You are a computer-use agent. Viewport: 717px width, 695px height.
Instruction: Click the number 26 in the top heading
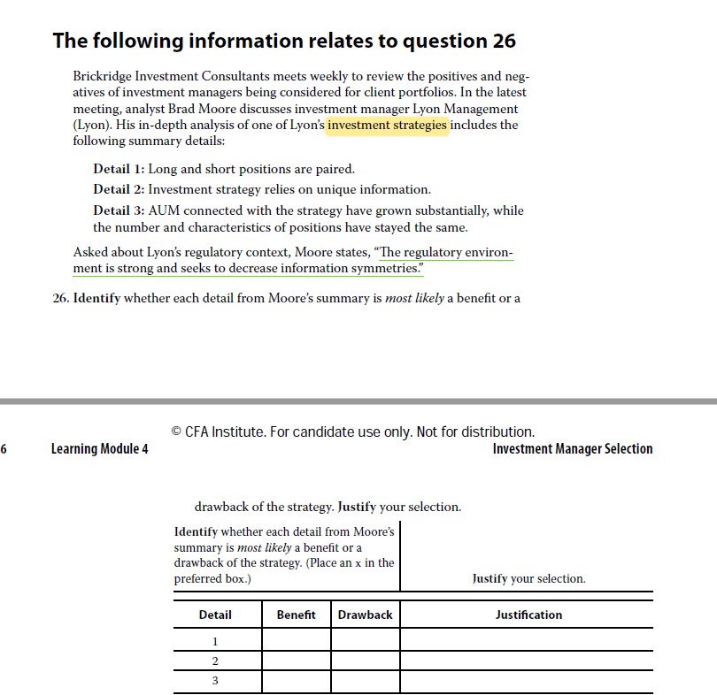tap(502, 41)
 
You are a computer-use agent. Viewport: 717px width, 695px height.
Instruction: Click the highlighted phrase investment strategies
tap(388, 125)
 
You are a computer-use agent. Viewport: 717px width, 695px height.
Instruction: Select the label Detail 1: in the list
tap(119, 169)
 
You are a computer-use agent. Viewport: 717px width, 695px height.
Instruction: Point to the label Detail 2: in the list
tap(119, 189)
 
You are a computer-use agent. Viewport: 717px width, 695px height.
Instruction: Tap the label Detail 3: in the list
tap(119, 210)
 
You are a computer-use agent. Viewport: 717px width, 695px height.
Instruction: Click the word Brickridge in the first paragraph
tap(104, 76)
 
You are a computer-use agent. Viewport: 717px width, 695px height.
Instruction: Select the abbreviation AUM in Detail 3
tap(165, 210)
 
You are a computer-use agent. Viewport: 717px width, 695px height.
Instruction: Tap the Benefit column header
tap(296, 615)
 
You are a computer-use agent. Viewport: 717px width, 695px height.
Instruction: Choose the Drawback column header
tap(365, 615)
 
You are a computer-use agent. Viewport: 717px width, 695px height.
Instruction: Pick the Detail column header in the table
tap(215, 615)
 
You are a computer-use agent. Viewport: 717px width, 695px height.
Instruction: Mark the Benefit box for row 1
tap(297, 640)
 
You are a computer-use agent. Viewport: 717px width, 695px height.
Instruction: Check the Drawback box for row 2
tap(366, 661)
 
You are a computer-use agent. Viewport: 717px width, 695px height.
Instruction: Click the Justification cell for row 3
tap(527, 682)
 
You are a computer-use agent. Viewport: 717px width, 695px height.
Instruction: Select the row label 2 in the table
tap(215, 661)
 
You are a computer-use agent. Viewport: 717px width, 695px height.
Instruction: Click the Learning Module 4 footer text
tap(99, 449)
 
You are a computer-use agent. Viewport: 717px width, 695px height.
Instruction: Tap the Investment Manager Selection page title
tap(572, 449)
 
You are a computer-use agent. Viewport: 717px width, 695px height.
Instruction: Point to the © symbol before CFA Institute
tap(177, 432)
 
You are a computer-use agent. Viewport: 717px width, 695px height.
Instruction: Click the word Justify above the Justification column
tap(490, 579)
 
